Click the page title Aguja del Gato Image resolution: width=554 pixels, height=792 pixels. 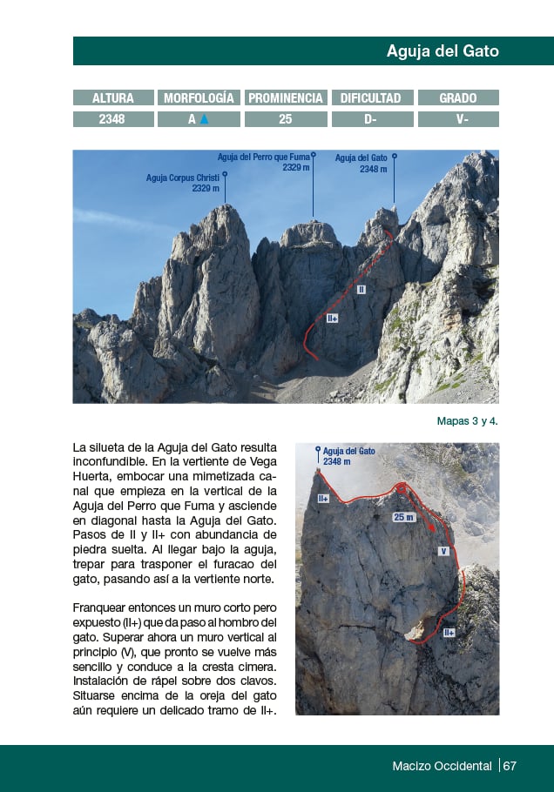click(x=443, y=51)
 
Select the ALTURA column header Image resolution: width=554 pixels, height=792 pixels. click(x=113, y=98)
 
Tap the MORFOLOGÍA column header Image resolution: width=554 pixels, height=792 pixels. click(x=199, y=98)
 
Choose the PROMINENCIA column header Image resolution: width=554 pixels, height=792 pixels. click(x=286, y=98)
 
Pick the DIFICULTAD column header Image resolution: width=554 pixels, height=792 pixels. click(x=372, y=98)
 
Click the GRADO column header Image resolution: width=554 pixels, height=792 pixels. click(x=458, y=98)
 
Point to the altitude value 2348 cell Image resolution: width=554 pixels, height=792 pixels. click(x=113, y=119)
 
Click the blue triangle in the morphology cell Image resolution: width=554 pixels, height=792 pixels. click(x=205, y=119)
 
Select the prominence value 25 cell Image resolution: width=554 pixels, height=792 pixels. click(x=286, y=119)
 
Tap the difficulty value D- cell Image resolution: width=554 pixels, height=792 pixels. click(x=372, y=119)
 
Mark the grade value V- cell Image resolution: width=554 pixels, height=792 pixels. click(x=458, y=119)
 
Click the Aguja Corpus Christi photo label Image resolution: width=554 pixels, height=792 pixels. click(x=183, y=182)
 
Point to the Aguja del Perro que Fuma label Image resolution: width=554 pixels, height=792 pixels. click(x=263, y=161)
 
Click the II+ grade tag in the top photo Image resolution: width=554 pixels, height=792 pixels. click(x=332, y=319)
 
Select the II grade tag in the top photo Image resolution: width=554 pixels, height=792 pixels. click(x=361, y=289)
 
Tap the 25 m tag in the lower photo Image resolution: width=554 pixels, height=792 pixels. click(x=403, y=517)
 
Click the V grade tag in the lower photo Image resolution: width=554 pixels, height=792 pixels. click(x=443, y=551)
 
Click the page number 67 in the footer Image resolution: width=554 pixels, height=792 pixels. click(x=510, y=766)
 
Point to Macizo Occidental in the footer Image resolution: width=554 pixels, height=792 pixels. click(x=442, y=766)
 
